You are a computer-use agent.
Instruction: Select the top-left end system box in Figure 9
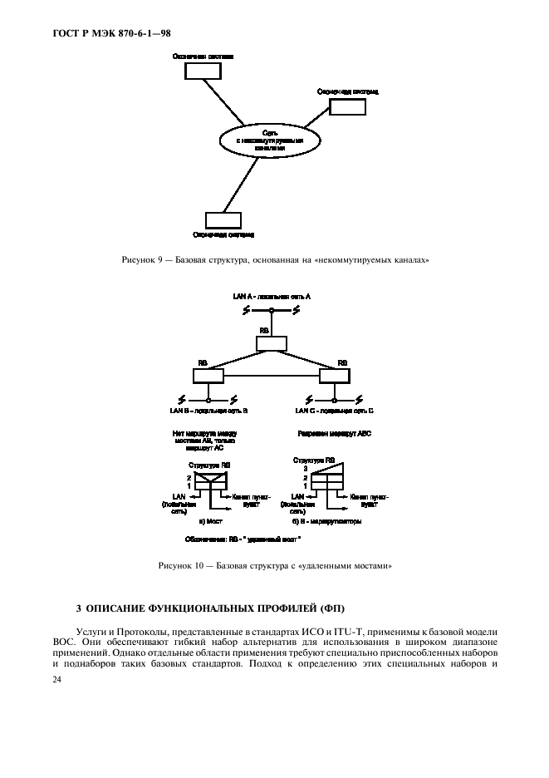197,71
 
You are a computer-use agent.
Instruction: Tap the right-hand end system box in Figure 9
346,106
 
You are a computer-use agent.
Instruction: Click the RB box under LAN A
272,342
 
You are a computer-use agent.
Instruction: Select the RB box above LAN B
209,376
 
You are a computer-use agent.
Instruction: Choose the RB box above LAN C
335,376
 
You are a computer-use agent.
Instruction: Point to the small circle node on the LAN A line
272,311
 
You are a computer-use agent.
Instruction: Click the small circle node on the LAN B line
209,399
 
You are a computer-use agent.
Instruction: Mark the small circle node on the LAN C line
335,399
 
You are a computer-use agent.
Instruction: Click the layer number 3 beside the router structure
306,469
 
